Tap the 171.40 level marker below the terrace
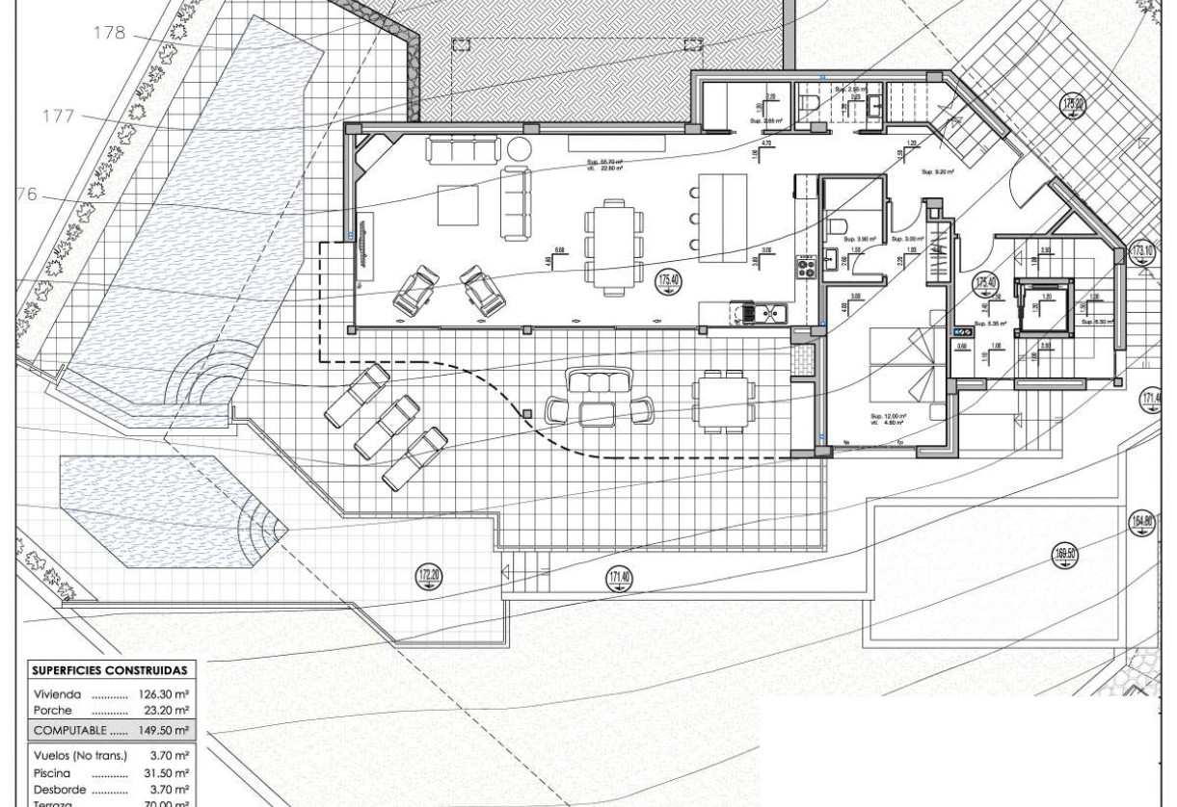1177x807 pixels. (x=618, y=579)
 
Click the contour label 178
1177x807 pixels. (x=109, y=33)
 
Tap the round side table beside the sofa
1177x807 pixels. (x=519, y=149)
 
